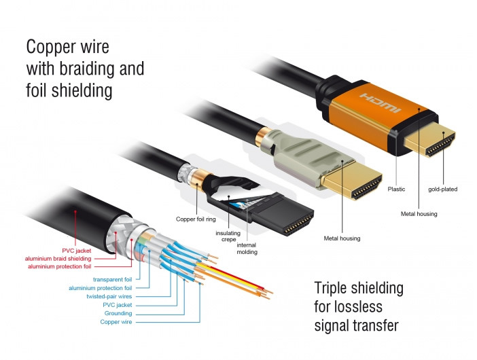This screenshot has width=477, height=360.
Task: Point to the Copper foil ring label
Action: point(196,219)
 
